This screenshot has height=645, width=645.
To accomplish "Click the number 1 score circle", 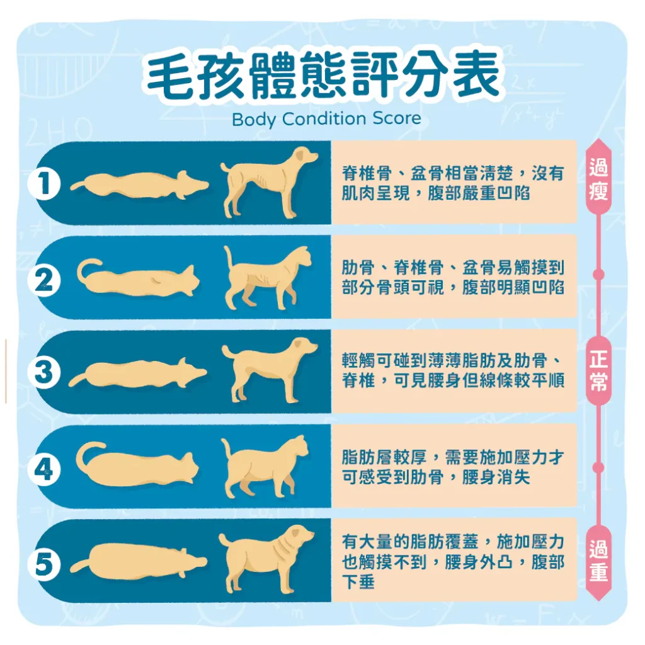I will coord(43,185).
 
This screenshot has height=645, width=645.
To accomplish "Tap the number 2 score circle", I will coord(43,279).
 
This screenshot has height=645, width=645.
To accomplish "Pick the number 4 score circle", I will coord(43,468).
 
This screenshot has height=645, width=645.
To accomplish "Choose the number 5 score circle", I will coord(43,562).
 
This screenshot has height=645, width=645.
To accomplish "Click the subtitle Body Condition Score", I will coord(326,119).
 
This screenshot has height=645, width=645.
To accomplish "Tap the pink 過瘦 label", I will coord(598,180).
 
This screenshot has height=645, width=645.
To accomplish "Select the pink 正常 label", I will coord(598,372).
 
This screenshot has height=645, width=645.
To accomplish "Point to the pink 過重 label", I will coord(598,561).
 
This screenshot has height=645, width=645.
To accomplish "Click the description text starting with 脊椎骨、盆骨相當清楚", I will coord(453,183).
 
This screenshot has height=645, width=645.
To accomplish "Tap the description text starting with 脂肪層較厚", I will coord(453,467).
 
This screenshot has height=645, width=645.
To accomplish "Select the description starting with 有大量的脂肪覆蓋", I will coord(453,561).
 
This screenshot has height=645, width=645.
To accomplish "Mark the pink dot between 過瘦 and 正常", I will coord(598,275).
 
